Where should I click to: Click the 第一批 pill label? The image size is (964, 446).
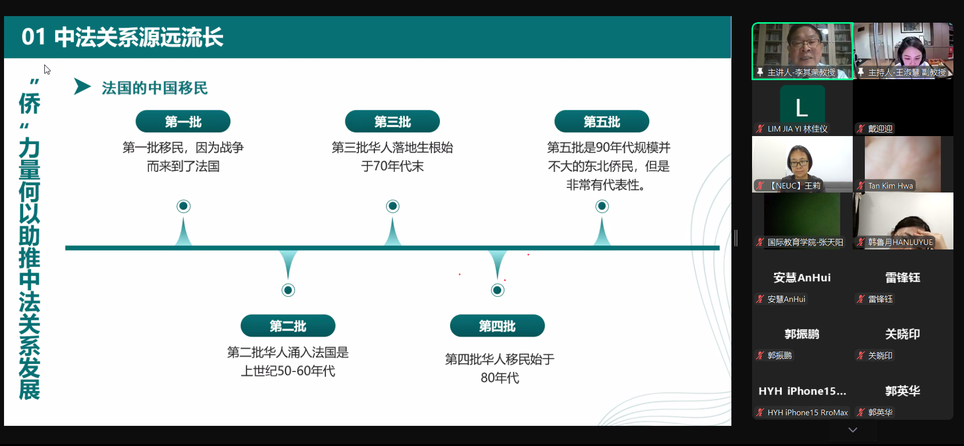click(183, 121)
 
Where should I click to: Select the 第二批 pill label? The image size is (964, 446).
click(288, 326)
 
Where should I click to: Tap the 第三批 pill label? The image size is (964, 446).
click(392, 121)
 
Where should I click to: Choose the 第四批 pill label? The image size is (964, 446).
click(497, 326)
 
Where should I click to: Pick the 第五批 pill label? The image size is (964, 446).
click(602, 121)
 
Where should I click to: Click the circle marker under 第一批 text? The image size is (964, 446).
click(183, 206)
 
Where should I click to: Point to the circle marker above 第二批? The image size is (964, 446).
click(288, 290)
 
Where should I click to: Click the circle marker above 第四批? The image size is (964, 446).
click(497, 290)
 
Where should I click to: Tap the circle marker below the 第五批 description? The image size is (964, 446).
click(602, 206)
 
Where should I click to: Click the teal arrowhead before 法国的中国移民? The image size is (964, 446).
click(82, 86)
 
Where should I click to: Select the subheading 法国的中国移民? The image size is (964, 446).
click(155, 88)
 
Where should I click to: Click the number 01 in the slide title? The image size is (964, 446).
click(34, 37)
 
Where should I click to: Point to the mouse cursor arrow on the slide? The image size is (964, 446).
click(47, 70)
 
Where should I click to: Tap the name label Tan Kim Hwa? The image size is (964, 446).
click(890, 186)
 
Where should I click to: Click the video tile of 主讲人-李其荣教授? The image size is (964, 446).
click(802, 51)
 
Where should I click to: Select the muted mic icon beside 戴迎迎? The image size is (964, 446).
click(861, 129)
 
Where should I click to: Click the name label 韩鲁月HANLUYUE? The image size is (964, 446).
click(900, 242)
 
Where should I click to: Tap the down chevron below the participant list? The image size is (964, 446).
click(852, 430)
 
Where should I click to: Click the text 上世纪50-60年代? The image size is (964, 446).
click(288, 371)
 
